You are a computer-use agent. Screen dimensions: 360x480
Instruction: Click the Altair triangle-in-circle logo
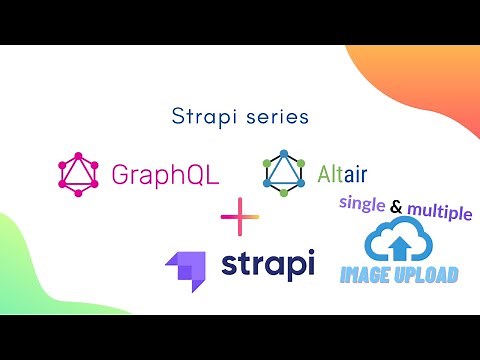pos(283,171)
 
